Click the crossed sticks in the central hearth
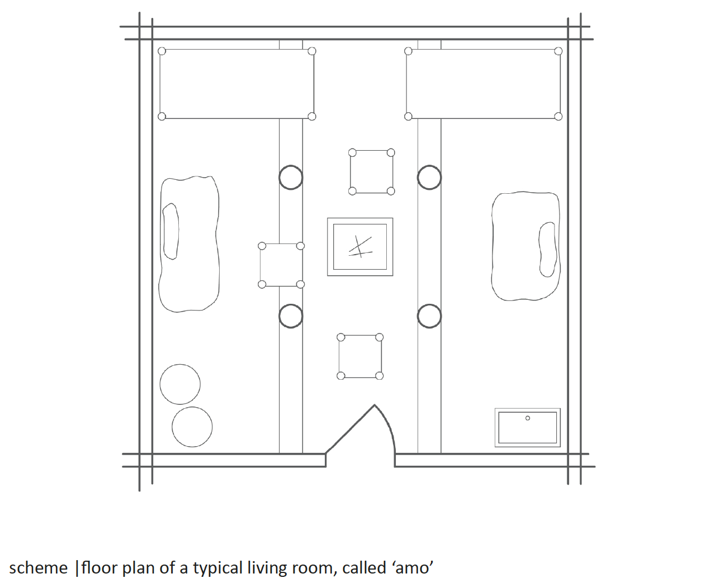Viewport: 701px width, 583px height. click(x=360, y=247)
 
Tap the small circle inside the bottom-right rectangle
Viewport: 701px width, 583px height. click(x=528, y=418)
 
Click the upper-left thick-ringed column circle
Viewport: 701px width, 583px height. click(x=291, y=165)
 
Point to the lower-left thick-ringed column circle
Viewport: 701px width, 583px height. click(x=291, y=304)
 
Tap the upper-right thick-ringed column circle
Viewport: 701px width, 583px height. click(x=429, y=165)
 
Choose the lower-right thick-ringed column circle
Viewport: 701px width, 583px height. click(x=429, y=304)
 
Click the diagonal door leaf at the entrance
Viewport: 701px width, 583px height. click(x=350, y=429)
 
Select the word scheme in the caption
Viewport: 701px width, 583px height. click(x=38, y=567)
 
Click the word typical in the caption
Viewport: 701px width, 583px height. click(x=217, y=568)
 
